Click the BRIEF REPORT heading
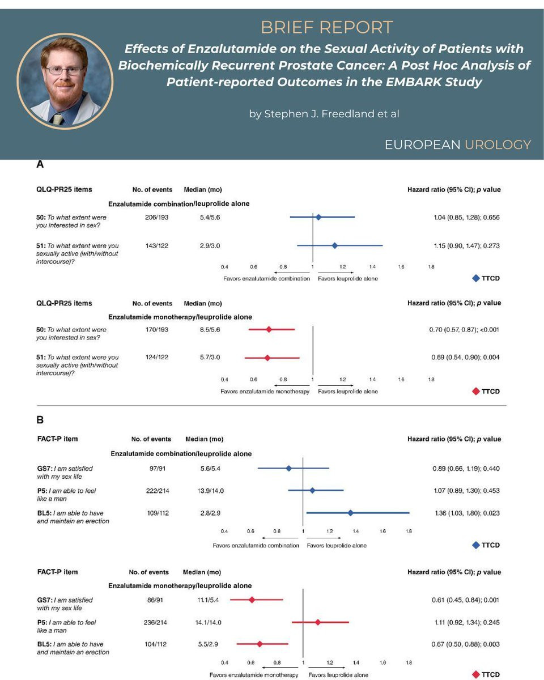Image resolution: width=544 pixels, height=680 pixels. tap(326, 27)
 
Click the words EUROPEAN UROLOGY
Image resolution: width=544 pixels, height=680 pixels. tap(457, 144)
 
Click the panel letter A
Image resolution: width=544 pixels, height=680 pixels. tap(40, 165)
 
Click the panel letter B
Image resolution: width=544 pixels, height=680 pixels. tap(40, 420)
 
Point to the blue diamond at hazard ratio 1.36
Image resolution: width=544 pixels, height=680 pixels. tap(351, 513)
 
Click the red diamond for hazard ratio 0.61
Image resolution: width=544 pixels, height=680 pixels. tap(252, 600)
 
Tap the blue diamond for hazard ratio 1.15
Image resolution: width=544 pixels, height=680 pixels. tap(334, 245)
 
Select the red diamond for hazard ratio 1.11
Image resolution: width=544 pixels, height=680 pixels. tap(318, 622)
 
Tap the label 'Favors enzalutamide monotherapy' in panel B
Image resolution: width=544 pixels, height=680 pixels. tap(254, 675)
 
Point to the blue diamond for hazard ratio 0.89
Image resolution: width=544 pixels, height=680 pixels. tap(288, 469)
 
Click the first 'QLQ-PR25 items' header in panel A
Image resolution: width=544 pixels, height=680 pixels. tap(63, 190)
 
